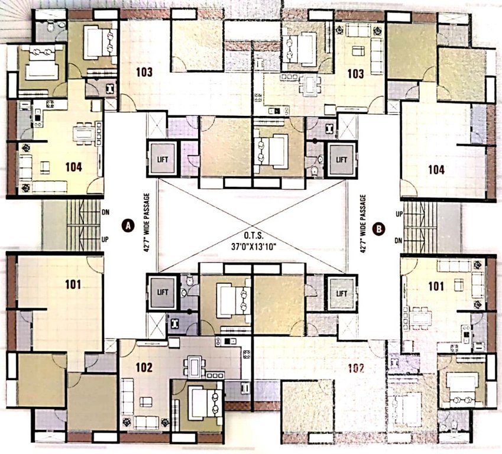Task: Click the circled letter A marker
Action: tap(126, 225)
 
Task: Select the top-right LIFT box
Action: tap(341, 159)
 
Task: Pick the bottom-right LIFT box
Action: tap(342, 293)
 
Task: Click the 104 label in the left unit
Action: tap(73, 167)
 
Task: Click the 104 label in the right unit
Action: tap(436, 170)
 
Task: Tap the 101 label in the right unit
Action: tap(436, 287)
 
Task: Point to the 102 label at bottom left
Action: tap(144, 367)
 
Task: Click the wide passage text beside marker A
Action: tap(145, 225)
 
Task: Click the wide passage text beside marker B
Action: tap(363, 225)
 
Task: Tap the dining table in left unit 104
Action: tap(86, 133)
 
